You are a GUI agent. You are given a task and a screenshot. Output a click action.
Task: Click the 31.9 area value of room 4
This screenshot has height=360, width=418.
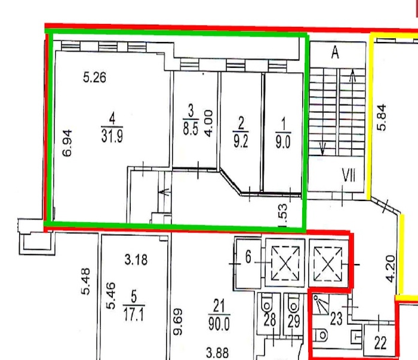(x=112, y=137)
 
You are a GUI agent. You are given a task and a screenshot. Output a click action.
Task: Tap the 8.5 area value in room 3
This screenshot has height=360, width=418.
(x=190, y=128)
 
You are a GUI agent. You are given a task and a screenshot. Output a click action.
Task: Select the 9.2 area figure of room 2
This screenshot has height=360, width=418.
(x=240, y=142)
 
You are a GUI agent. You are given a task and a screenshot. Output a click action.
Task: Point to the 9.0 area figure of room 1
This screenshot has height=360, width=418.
(x=283, y=142)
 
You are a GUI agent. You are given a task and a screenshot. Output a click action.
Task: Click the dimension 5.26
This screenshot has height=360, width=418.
(x=94, y=77)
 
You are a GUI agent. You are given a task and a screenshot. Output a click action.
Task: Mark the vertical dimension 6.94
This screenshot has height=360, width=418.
(x=67, y=143)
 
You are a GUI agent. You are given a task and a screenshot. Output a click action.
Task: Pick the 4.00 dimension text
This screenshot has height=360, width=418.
(x=209, y=123)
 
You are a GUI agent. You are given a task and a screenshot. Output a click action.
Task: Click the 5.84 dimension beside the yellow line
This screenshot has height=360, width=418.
(x=381, y=117)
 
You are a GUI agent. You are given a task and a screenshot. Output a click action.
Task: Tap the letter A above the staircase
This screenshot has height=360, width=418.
(x=335, y=52)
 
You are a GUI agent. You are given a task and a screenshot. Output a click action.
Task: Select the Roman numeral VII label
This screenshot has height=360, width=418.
(x=348, y=176)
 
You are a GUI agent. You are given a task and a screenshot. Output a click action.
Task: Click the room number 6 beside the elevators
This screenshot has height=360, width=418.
(x=248, y=257)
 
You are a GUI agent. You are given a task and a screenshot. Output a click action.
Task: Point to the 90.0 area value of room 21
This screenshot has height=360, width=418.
(x=218, y=325)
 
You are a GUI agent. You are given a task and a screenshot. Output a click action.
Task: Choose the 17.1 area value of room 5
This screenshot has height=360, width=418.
(x=134, y=314)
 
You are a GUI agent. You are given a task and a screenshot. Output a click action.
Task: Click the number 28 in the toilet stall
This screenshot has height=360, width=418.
(x=269, y=320)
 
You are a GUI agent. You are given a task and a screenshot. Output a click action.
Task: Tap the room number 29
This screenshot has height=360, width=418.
(x=294, y=322)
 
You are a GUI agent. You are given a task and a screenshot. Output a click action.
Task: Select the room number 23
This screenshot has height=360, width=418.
(x=336, y=319)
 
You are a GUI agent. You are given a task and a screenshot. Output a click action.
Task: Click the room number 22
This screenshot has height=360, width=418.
(x=380, y=343)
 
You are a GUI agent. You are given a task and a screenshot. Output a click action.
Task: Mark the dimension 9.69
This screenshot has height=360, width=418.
(x=178, y=322)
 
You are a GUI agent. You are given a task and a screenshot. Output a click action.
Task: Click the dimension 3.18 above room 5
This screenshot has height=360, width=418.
(x=136, y=260)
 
